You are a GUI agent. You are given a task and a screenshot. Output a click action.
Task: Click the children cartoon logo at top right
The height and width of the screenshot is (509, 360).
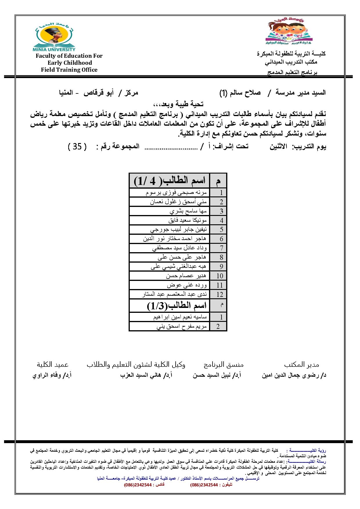pos(289,31)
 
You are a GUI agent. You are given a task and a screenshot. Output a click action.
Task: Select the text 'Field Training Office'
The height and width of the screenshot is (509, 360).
pos(69,70)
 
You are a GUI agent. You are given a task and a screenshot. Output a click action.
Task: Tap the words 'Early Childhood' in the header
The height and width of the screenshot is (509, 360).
pos(70,63)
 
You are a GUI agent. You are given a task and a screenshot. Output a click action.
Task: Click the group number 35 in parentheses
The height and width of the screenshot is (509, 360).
pos(77,147)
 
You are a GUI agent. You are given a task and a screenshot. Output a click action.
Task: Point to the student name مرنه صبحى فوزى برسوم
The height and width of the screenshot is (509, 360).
pos(176,193)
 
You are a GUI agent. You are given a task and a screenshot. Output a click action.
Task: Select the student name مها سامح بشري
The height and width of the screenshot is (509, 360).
pos(188,211)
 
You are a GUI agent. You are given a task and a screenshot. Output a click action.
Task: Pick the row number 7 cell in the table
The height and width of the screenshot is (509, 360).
pos(221,248)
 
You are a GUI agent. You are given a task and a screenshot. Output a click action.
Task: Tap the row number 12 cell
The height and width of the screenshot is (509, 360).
pos(220,295)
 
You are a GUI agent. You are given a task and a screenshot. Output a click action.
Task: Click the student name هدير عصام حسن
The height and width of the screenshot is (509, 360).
pos(186,276)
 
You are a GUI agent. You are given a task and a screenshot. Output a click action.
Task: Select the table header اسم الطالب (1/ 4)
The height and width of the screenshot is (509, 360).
pos(170,181)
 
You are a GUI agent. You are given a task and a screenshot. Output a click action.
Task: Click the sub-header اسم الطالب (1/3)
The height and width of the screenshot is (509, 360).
pos(177,306)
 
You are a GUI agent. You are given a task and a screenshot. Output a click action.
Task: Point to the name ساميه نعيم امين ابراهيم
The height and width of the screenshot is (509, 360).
pos(180,317)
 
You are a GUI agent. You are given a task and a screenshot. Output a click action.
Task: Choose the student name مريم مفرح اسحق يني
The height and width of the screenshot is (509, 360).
pos(182,326)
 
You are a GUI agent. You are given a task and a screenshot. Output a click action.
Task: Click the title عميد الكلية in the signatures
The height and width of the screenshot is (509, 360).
pos(53,364)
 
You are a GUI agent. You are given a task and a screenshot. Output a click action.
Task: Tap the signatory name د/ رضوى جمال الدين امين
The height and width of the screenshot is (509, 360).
pos(294,375)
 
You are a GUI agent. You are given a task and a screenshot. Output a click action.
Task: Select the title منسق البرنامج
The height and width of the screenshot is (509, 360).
pos(224,364)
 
